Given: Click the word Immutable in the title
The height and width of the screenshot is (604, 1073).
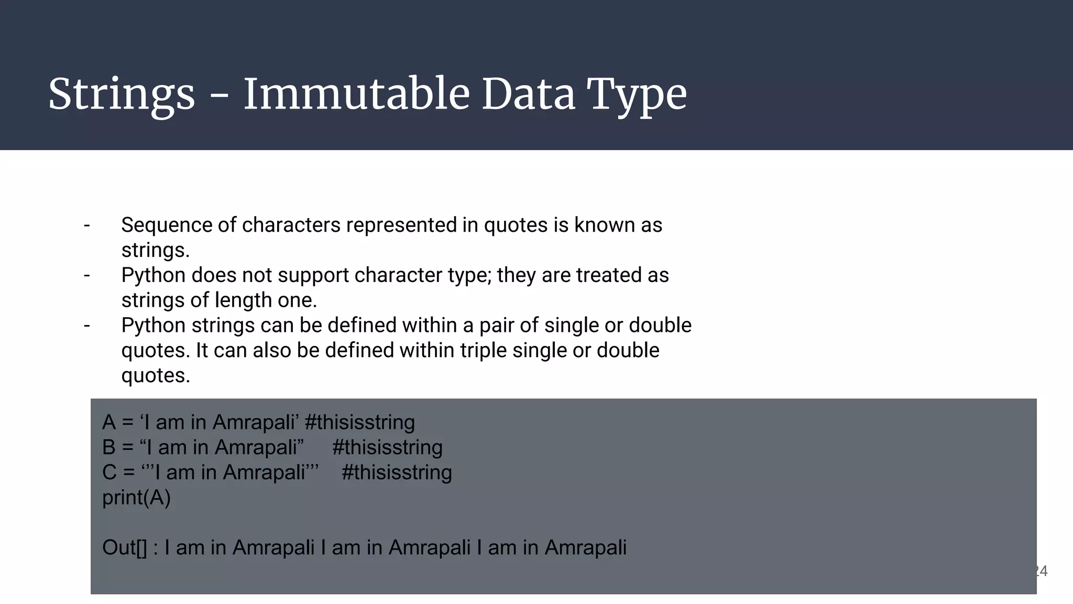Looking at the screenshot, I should click(356, 94).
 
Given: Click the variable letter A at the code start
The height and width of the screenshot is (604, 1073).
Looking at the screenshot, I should click(109, 423).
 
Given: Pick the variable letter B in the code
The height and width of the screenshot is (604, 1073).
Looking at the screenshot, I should click(109, 448).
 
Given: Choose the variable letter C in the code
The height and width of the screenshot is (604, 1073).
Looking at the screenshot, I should click(110, 473).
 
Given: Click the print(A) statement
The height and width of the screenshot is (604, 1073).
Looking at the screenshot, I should click(136, 498).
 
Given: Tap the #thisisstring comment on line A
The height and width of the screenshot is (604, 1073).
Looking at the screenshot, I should click(359, 423).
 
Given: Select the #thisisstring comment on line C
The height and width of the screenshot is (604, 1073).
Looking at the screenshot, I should click(397, 473).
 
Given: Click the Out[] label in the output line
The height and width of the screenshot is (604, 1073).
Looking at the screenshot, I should click(125, 548).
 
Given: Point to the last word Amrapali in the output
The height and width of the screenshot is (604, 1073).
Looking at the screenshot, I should click(585, 548).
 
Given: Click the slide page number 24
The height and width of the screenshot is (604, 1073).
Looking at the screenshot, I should click(1042, 571).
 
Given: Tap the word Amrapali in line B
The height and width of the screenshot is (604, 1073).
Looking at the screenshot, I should click(259, 448).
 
